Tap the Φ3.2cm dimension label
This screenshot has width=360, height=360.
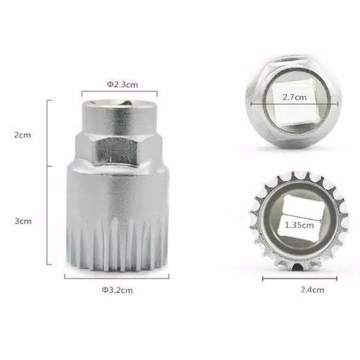pos(117,290)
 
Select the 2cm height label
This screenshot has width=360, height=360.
pos(22,135)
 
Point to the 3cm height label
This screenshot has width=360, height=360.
pos(23,221)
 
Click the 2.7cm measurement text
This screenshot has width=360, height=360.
pos(294,97)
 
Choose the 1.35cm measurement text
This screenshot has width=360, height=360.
pos(299,225)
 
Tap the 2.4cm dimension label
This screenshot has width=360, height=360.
pos(312,290)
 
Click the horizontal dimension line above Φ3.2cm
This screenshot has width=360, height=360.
pos(117,278)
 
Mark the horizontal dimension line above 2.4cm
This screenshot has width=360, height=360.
pos(300,278)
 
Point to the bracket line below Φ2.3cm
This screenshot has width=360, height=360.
pos(119,92)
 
